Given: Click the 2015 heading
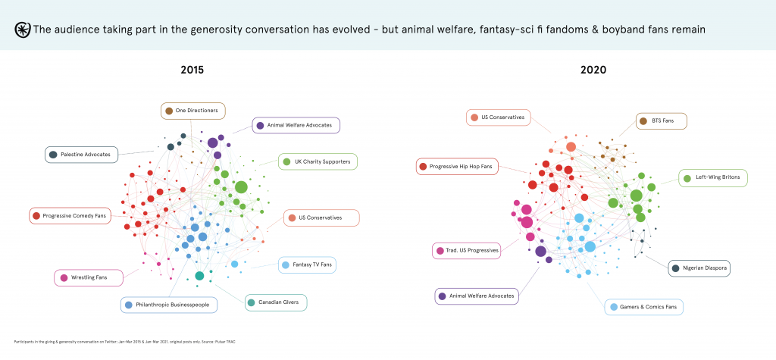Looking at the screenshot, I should (x=192, y=70).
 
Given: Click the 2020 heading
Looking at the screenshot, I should (x=593, y=70).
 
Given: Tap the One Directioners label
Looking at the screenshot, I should (x=192, y=111).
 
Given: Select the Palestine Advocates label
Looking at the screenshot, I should (x=81, y=155).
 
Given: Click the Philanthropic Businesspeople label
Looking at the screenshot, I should (x=169, y=305).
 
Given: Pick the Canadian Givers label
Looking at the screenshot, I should (x=276, y=303).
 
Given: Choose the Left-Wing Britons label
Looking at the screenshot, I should (x=714, y=179).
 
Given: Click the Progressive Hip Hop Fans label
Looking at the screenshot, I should (x=458, y=166).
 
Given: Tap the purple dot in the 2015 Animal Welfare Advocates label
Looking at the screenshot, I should (x=260, y=125).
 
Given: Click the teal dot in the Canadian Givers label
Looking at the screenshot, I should (x=251, y=303).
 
